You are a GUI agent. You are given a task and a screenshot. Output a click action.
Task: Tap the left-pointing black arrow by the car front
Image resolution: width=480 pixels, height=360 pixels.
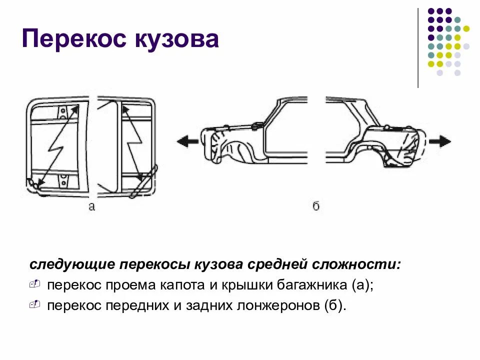186,141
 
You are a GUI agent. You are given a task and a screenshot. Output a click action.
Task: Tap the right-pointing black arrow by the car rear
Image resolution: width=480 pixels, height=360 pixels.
440,141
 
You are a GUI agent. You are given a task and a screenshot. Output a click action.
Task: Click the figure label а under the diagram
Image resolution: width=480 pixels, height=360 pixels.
91,206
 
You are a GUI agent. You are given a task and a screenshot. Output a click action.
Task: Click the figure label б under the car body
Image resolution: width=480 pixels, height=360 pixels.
316,206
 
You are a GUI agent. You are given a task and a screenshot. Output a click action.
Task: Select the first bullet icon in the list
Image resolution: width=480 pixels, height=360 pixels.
34,284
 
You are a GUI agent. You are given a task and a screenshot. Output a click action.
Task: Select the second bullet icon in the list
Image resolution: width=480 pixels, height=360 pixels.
34,304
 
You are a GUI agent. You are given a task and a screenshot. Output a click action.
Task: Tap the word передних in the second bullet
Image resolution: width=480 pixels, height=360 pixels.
138,305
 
